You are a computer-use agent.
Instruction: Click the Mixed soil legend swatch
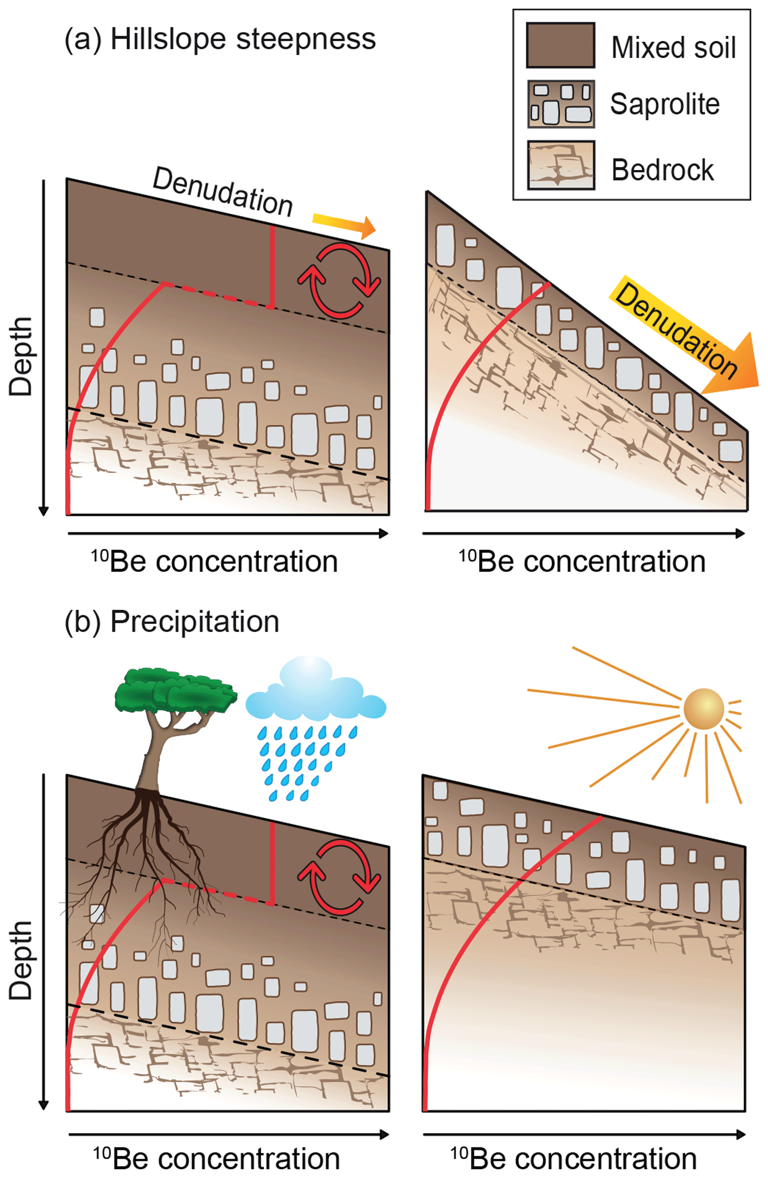coord(560,45)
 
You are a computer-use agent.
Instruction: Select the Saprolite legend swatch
coord(560,104)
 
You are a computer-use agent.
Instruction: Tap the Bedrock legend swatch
coord(560,165)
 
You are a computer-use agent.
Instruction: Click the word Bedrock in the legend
coord(662,170)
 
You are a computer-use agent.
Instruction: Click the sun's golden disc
coord(703,709)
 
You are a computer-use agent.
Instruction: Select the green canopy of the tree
coord(175,690)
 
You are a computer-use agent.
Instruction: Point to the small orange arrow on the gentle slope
coord(344,225)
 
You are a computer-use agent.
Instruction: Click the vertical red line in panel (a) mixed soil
coord(272,267)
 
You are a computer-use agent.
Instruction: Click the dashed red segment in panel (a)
coord(218,296)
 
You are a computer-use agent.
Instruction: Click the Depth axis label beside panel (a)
coord(21,356)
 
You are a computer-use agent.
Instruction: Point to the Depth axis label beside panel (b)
coord(21,960)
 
